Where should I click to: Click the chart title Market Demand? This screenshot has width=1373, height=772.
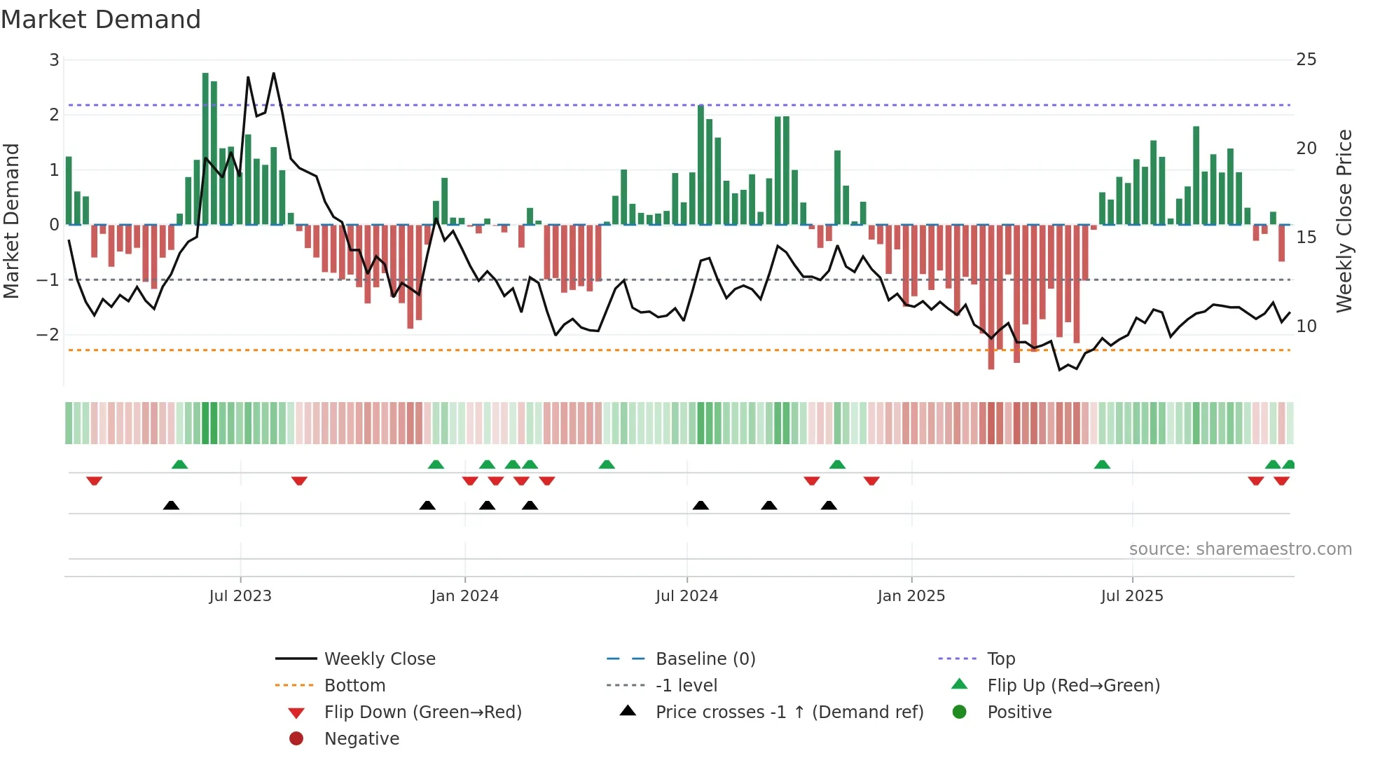tap(101, 20)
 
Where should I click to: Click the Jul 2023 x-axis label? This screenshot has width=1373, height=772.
tap(240, 596)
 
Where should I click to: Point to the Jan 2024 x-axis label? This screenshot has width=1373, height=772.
tap(464, 596)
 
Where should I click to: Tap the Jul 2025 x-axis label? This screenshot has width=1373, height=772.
tap(1132, 596)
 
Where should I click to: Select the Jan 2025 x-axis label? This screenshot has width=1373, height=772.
tap(911, 596)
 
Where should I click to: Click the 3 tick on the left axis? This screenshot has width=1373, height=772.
tap(54, 60)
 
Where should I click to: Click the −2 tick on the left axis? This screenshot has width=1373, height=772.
tap(48, 335)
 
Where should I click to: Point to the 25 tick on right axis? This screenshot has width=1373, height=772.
tap(1306, 60)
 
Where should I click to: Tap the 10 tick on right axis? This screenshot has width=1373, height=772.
tap(1306, 326)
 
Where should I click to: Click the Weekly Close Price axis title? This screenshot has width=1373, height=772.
tap(1344, 221)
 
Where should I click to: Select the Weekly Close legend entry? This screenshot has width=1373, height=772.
tap(379, 659)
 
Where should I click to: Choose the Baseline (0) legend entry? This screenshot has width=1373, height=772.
tap(705, 659)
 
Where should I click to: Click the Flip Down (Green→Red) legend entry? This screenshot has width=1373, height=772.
tap(422, 712)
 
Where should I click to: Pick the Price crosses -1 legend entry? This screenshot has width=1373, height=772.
tap(789, 712)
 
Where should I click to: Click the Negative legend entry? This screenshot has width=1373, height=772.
tap(361, 739)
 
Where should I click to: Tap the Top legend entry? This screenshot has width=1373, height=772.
tap(1001, 659)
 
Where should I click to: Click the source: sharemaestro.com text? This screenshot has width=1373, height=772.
tap(1240, 549)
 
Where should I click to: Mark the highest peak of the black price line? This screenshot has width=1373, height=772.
tap(274, 73)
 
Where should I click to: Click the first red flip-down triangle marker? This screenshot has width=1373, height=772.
tap(95, 481)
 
